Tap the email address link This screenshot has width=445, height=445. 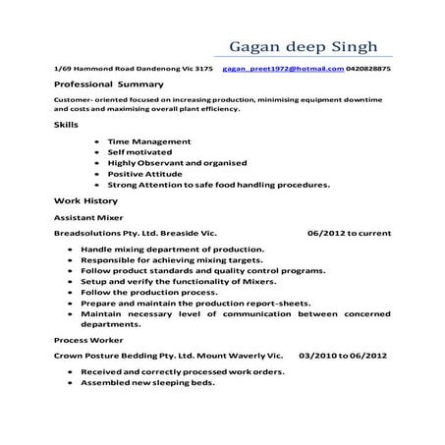283,70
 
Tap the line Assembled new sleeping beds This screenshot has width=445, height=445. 147,383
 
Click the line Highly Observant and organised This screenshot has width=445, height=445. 177,162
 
